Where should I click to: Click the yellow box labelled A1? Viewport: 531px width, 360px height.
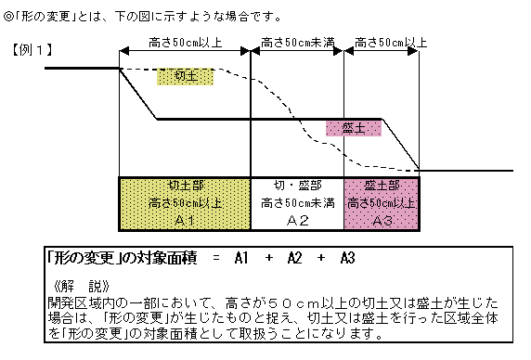click(x=186, y=202)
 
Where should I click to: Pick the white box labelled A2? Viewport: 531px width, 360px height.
click(x=298, y=202)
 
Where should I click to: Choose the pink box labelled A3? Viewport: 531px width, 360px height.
click(x=382, y=202)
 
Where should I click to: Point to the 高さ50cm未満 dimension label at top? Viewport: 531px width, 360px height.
click(x=298, y=43)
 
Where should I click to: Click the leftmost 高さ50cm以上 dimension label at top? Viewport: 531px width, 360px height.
click(x=186, y=43)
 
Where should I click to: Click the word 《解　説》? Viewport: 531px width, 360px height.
click(x=84, y=285)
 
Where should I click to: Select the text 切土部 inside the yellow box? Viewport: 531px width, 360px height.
click(x=186, y=186)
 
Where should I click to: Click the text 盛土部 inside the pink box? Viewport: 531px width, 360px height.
click(x=382, y=186)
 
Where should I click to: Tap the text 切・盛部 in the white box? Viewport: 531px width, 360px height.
click(x=298, y=186)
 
